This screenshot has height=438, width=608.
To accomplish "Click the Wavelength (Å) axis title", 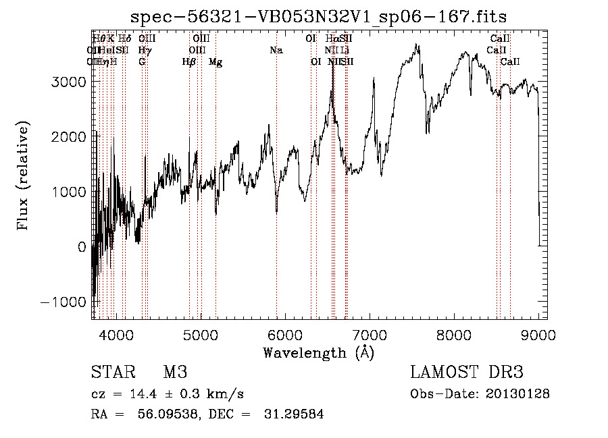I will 318,352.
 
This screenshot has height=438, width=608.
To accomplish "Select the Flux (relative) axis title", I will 24,176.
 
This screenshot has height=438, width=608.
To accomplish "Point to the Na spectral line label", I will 276,50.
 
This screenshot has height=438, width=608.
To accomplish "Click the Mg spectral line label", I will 216,62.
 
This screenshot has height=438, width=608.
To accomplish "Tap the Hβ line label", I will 189,62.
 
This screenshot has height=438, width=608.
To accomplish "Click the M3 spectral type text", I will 174,373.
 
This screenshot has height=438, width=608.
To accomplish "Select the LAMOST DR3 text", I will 467,373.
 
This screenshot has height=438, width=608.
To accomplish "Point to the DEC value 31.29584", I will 293,414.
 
